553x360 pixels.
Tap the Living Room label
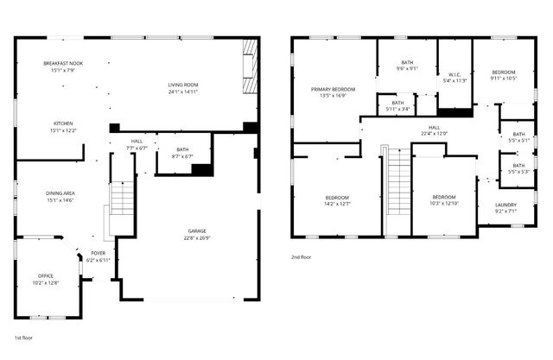(x=182, y=87)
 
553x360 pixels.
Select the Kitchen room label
(x=62, y=126)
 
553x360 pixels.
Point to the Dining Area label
(x=60, y=197)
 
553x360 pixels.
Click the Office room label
(x=46, y=279)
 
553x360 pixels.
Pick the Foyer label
(x=99, y=256)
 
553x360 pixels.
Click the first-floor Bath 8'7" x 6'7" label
(x=182, y=153)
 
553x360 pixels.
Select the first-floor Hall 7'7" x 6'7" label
(x=137, y=145)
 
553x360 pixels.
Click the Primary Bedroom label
(x=334, y=92)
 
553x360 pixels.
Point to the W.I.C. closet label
(x=454, y=77)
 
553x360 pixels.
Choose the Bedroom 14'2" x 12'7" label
(x=337, y=200)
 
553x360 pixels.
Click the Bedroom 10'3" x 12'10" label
(x=444, y=200)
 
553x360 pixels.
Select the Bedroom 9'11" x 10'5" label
(x=504, y=75)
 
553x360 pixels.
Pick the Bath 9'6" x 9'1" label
(x=408, y=66)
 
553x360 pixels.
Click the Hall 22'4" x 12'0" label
(x=434, y=132)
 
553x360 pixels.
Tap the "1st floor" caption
(x=23, y=338)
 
